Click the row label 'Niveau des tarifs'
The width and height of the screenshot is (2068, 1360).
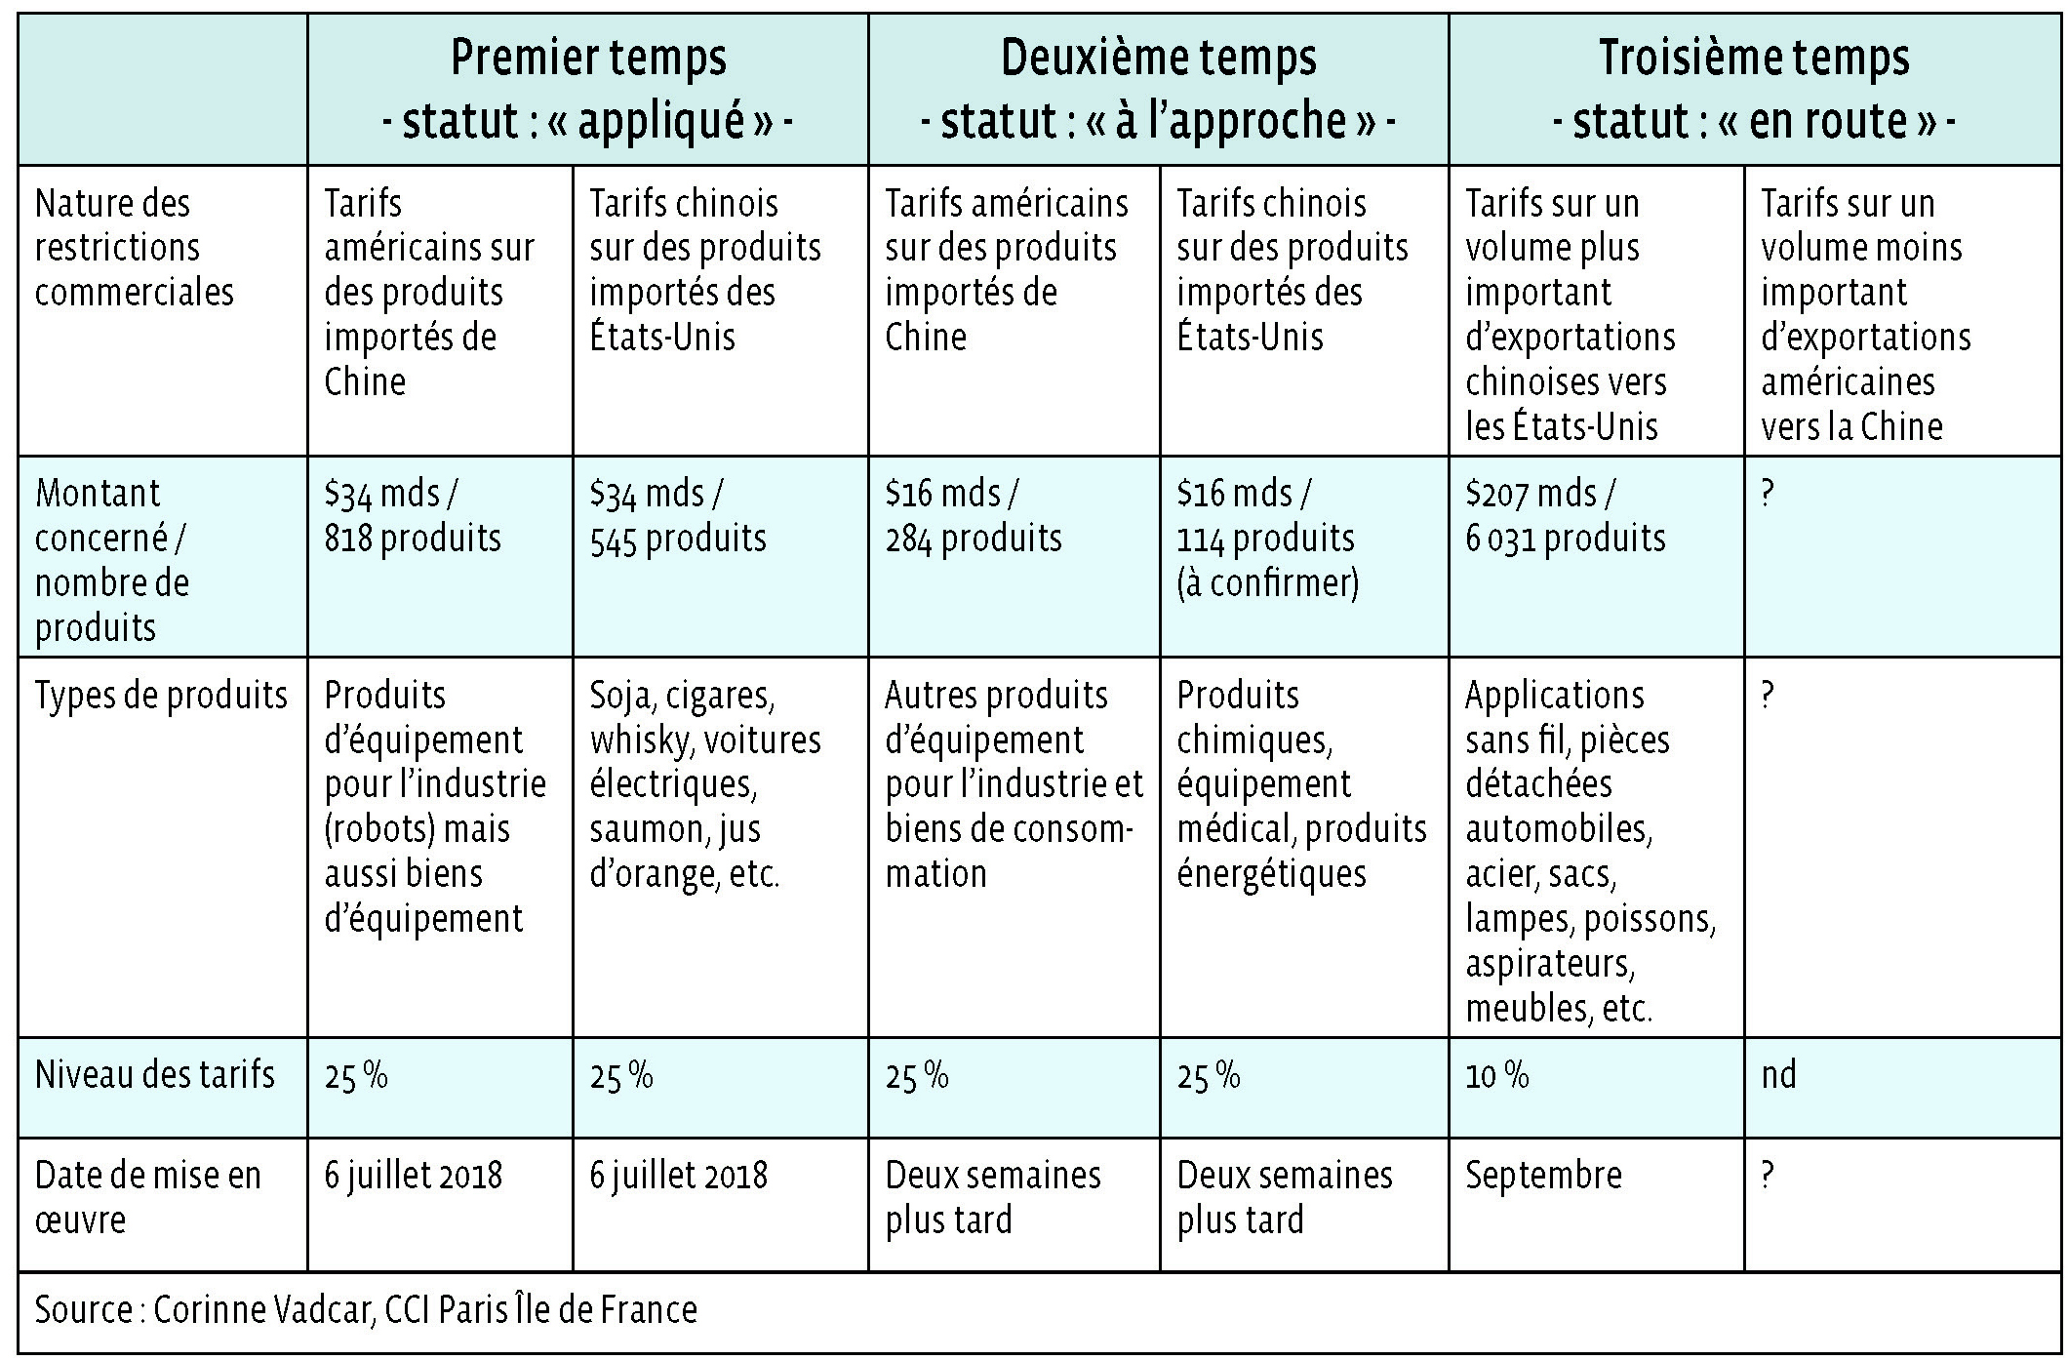tap(155, 1075)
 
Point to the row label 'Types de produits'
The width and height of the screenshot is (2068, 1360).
tap(161, 696)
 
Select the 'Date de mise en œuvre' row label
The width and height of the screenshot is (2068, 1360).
tap(147, 1197)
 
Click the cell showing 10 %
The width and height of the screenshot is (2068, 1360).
tap(1497, 1075)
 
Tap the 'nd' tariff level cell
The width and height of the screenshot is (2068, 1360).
tap(1778, 1075)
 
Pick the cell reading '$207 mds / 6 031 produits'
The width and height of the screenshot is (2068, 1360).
tap(1565, 516)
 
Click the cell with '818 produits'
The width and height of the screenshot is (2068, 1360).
tap(413, 516)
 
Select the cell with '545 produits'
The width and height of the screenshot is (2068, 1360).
tap(678, 516)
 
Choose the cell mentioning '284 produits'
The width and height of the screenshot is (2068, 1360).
tap(973, 516)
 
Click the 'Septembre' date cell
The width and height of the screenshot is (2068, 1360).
tap(1543, 1176)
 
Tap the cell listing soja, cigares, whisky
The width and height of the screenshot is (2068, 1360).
tap(704, 784)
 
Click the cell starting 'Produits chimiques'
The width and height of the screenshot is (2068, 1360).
tap(1301, 784)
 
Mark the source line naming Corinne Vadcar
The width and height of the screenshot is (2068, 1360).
tap(366, 1309)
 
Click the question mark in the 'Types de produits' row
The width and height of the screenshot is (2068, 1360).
tap(1768, 696)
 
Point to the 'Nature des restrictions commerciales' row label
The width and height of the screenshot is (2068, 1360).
tap(135, 248)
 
